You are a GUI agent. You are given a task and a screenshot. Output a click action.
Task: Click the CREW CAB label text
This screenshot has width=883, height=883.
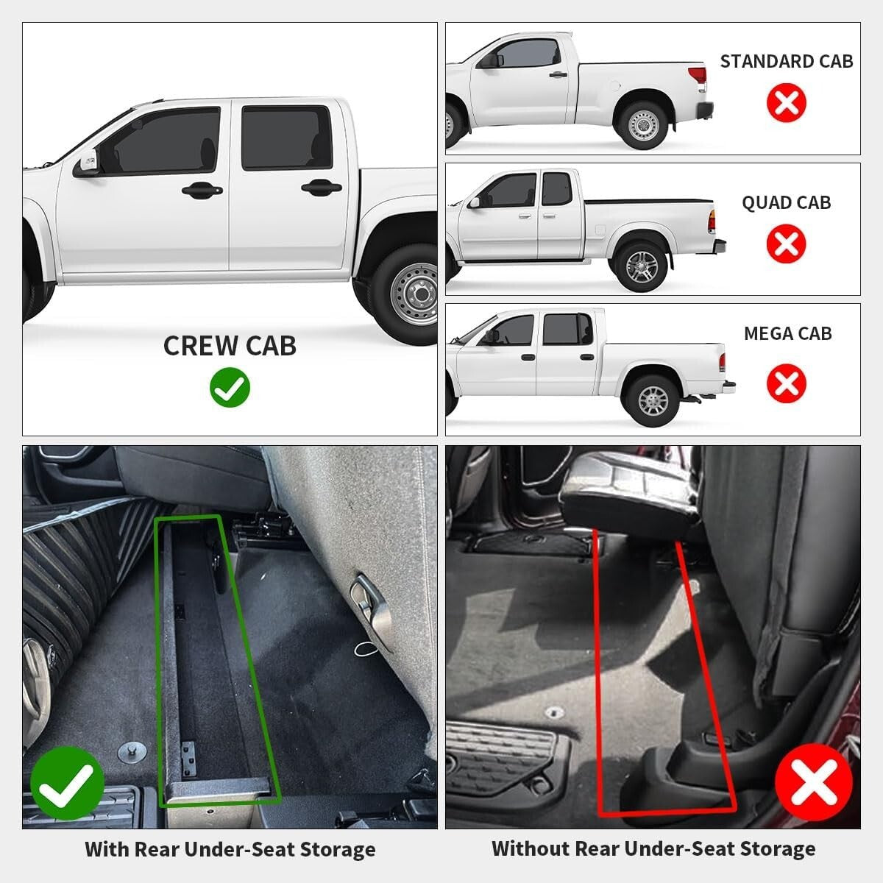click(x=230, y=346)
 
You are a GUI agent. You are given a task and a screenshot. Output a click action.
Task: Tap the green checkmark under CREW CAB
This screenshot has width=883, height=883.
click(x=230, y=388)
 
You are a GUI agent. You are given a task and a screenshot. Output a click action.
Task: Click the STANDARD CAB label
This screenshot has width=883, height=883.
click(x=786, y=62)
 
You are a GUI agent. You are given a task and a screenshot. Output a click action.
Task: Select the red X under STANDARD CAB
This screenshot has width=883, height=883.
click(x=786, y=102)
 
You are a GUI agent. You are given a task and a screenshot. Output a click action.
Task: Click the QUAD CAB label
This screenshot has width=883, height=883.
click(x=786, y=203)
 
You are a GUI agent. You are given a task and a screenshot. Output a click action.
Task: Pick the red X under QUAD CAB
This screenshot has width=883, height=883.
click(x=786, y=244)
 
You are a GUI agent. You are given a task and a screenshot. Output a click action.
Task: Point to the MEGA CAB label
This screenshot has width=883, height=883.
click(x=787, y=334)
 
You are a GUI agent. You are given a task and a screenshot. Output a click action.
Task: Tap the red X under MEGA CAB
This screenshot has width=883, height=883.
click(x=786, y=383)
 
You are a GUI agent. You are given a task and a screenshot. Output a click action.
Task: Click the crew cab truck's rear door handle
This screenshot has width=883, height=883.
click(x=321, y=188)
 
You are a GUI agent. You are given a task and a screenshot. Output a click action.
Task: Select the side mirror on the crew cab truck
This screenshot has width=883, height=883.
click(x=86, y=163)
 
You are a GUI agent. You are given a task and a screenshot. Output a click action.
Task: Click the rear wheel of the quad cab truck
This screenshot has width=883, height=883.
click(x=642, y=266)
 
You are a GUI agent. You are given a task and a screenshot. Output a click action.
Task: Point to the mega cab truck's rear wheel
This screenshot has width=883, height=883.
click(x=652, y=400)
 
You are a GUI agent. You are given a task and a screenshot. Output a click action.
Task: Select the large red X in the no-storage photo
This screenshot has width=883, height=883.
click(x=814, y=782)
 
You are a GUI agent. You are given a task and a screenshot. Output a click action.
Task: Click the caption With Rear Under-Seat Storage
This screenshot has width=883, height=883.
click(x=230, y=850)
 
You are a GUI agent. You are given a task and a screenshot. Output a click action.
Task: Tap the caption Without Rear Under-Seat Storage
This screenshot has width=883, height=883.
click(x=653, y=849)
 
